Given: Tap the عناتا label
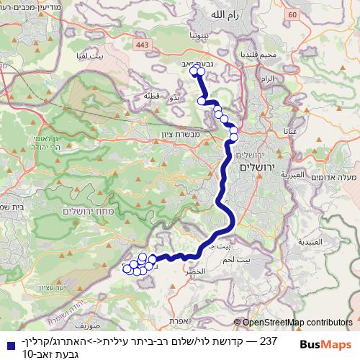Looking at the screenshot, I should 290,132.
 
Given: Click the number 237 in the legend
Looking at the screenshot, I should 268,339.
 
